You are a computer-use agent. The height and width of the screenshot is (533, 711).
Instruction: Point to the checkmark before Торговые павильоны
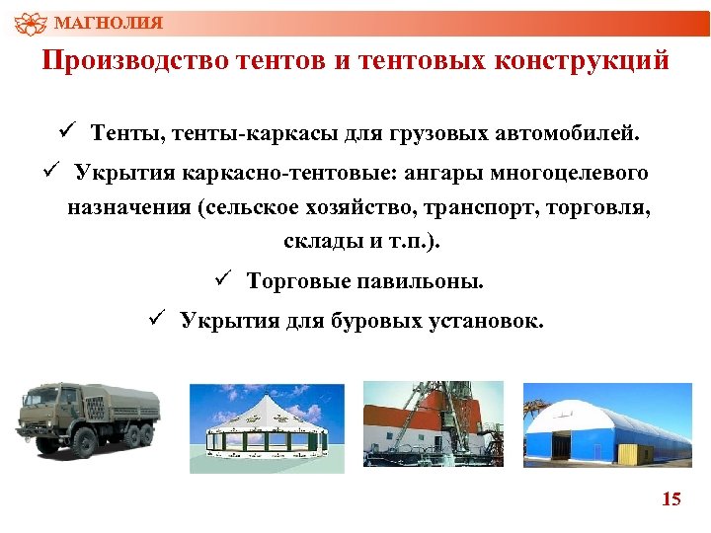(x=222, y=279)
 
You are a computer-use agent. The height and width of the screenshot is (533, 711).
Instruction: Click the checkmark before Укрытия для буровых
(x=155, y=319)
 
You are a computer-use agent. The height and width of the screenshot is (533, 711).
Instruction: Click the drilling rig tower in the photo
(x=434, y=405)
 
